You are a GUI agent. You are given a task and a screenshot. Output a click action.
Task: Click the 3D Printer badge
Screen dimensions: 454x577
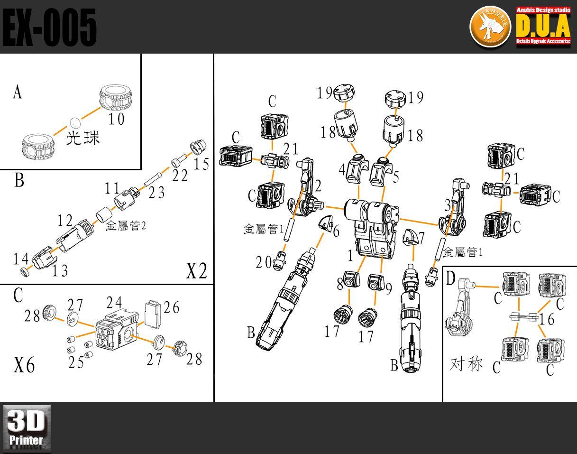tap(27, 429)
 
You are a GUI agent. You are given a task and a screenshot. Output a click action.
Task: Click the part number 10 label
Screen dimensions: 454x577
tap(116, 119)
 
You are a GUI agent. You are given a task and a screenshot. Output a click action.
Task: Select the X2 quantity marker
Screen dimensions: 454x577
tap(196, 271)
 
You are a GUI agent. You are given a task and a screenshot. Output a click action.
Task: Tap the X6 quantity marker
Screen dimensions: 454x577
tap(24, 366)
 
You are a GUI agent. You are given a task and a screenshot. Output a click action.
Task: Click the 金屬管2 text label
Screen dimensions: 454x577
tap(126, 226)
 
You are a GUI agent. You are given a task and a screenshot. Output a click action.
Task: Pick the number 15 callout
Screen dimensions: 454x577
tap(201, 164)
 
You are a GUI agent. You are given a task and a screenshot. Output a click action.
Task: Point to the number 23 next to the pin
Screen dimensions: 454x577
tap(156, 193)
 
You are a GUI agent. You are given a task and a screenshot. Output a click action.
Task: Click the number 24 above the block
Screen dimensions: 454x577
tap(114, 303)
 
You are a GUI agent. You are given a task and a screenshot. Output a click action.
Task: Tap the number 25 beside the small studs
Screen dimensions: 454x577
tap(76, 362)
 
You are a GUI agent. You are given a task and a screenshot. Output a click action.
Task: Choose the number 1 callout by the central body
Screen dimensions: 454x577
tap(350, 256)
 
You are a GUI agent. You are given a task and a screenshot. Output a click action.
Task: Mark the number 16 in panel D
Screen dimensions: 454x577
tap(547, 320)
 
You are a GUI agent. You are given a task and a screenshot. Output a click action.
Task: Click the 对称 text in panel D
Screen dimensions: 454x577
tap(466, 364)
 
